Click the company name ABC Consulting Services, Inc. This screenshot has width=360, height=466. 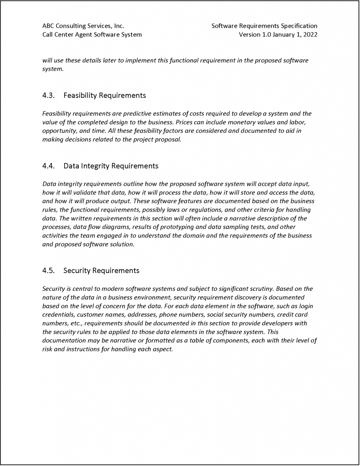83,26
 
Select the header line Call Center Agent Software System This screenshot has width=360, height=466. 92,35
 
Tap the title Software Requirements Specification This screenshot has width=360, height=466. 264,26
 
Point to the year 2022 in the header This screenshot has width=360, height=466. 309,35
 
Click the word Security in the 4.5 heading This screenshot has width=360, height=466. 77,271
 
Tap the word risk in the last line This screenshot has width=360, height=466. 47,349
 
